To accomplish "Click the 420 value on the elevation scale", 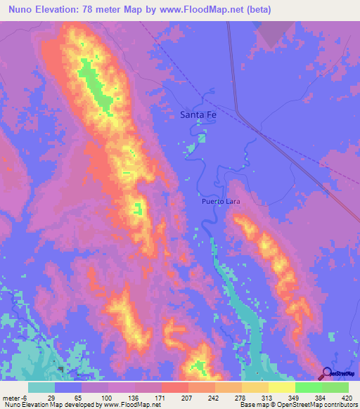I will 347,397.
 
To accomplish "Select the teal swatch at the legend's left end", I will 41,387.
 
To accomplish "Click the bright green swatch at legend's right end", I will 335,387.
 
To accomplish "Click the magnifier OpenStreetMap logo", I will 328,372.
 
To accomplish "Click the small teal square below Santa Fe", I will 202,138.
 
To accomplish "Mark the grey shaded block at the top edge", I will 275,32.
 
